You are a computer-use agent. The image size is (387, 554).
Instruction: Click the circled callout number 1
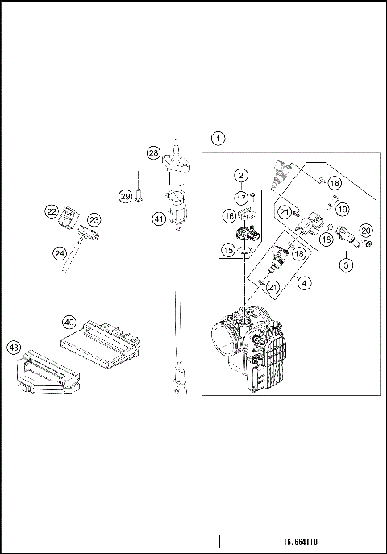[x=218, y=138]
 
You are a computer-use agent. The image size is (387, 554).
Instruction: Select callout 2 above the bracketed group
[x=240, y=176]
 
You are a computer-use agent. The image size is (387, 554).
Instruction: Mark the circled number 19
[x=342, y=210]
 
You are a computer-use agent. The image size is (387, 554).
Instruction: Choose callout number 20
[x=365, y=231]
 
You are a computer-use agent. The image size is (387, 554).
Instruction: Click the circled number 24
[x=60, y=253]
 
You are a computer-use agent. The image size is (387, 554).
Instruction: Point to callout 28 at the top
[x=153, y=152]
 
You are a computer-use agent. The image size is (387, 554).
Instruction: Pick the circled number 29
[x=125, y=196]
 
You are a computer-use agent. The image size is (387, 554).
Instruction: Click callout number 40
[x=70, y=322]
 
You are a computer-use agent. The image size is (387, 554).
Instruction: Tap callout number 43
[x=14, y=347]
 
